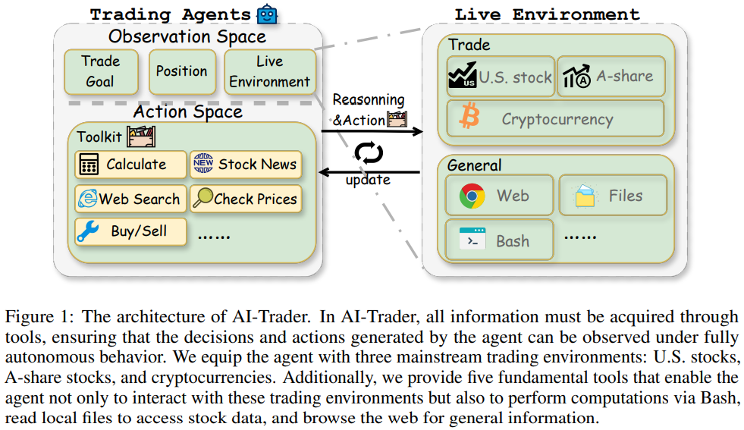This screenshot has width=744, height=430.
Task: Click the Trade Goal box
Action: click(x=100, y=71)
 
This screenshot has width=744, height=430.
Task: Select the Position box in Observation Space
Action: click(x=181, y=71)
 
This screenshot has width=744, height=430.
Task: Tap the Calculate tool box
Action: click(x=130, y=165)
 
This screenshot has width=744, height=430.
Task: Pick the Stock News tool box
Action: click(x=245, y=165)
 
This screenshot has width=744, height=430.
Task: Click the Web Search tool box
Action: click(x=130, y=199)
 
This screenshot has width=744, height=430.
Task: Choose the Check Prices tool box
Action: click(x=245, y=199)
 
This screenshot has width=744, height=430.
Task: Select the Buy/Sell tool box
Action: click(x=130, y=232)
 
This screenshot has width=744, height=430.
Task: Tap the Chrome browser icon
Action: click(x=472, y=196)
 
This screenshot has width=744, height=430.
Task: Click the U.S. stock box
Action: click(x=500, y=77)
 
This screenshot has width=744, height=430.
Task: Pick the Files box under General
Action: click(x=613, y=196)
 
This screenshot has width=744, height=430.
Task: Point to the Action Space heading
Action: click(x=188, y=112)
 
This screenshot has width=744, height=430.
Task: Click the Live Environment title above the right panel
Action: click(x=547, y=14)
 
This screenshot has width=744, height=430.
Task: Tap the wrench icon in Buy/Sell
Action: click(x=89, y=232)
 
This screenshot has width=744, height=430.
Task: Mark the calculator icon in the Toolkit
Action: click(x=89, y=165)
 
